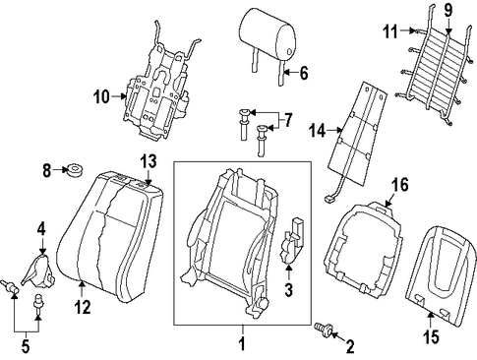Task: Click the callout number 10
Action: (101, 97)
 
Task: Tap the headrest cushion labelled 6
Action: (268, 35)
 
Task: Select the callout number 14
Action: (318, 131)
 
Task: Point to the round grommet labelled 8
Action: (76, 170)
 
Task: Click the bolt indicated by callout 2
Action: (324, 329)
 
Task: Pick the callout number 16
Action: (399, 185)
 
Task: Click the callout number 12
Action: (82, 308)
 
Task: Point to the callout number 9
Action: (448, 11)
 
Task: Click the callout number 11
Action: (390, 31)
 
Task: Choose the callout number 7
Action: (287, 121)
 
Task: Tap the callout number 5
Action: (26, 346)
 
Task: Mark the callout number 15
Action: (431, 337)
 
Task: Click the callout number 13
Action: (149, 161)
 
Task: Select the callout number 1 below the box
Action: (242, 344)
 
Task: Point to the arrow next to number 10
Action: (119, 96)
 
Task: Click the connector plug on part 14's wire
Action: (328, 199)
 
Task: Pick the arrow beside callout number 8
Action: (60, 170)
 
